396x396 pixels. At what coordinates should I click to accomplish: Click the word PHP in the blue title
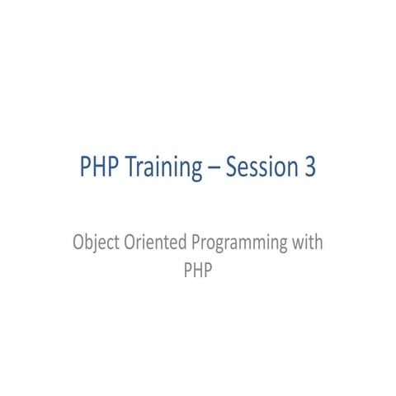(x=98, y=167)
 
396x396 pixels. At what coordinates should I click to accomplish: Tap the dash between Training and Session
(x=214, y=168)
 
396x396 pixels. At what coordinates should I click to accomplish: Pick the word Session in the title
(x=257, y=167)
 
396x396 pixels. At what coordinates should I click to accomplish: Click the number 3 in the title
(x=309, y=167)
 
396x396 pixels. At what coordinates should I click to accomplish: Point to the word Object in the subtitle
(x=92, y=244)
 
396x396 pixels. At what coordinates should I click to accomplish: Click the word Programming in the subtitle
(x=240, y=244)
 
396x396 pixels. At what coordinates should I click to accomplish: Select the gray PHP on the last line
(x=198, y=270)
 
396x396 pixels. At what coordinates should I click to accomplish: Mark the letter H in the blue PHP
(x=98, y=167)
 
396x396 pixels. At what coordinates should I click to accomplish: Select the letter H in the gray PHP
(x=198, y=270)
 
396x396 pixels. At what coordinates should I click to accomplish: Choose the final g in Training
(x=196, y=170)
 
